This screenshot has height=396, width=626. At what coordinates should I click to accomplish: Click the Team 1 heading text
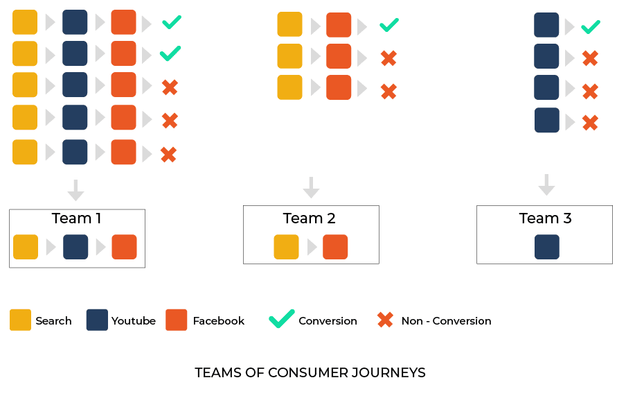tap(76, 218)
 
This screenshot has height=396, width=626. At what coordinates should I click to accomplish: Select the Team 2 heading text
tap(310, 218)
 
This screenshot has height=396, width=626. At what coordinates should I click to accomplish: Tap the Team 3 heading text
tap(546, 218)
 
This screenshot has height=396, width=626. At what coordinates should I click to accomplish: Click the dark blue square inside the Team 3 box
tap(547, 247)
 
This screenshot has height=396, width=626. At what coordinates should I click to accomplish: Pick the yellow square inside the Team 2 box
tap(286, 247)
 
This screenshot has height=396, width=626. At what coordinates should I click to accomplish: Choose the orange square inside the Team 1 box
tap(124, 247)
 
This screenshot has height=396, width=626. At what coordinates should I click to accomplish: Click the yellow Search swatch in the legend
tap(20, 320)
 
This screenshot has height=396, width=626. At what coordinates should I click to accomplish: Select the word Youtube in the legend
tap(134, 321)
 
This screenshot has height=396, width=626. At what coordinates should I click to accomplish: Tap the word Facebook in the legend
tap(218, 321)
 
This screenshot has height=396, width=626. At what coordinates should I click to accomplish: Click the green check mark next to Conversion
tap(281, 319)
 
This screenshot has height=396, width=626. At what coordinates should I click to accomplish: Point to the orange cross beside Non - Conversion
tap(385, 320)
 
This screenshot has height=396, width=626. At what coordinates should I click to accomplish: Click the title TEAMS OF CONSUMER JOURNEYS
tap(310, 373)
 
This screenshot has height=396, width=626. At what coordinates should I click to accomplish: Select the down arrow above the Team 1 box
tap(76, 191)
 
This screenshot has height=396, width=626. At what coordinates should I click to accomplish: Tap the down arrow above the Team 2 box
tap(311, 188)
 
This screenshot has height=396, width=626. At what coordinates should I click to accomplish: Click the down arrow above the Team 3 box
tap(546, 184)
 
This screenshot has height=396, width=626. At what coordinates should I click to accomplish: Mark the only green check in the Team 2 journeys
tap(389, 25)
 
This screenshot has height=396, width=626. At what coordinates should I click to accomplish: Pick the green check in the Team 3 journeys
tap(591, 27)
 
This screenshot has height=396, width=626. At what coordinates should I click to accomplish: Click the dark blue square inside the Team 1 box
tap(75, 247)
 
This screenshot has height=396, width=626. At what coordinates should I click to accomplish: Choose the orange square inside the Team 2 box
tap(335, 247)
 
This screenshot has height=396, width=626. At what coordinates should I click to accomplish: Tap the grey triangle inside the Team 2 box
tap(312, 247)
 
